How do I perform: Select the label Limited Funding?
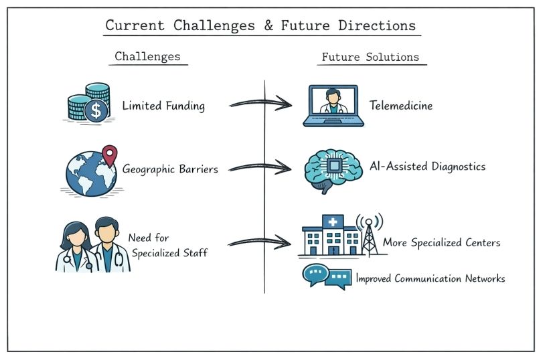pos(163,106)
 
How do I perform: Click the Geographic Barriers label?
pos(170,169)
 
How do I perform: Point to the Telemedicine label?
pos(401,106)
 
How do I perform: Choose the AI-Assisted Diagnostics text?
pos(427,167)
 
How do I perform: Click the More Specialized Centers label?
pos(441,242)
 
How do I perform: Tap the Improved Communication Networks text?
pos(430,278)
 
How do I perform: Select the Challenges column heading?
pos(148,56)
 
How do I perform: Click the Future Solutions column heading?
pos(370,57)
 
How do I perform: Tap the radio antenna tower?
pos(369,234)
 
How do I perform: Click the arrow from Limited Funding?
pos(260,104)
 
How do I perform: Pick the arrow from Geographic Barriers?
pos(260,166)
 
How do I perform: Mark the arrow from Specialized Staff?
pos(260,242)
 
